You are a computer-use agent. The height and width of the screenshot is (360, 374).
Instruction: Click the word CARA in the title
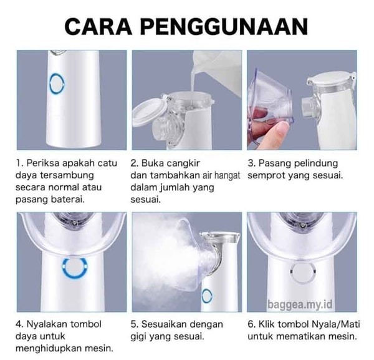(x=98, y=27)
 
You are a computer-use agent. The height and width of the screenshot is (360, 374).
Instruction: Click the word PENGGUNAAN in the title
(x=224, y=27)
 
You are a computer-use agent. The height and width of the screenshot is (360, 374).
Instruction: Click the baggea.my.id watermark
(x=300, y=304)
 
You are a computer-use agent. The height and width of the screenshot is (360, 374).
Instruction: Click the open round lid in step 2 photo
(x=146, y=112)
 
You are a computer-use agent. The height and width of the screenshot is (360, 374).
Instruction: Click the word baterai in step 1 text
(x=68, y=199)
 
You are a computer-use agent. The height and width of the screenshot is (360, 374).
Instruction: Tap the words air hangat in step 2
(x=221, y=175)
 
